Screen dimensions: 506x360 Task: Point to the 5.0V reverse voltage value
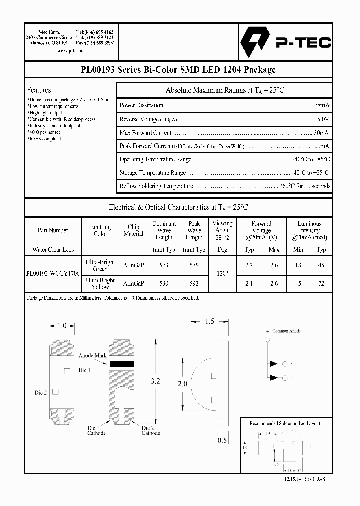(x=323, y=119)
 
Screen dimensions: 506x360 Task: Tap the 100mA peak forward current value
(x=320, y=146)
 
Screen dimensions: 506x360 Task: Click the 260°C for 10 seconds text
(x=305, y=186)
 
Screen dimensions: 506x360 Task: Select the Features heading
(x=39, y=90)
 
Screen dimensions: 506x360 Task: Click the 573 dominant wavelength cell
(x=164, y=265)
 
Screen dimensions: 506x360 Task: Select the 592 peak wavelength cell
(x=194, y=283)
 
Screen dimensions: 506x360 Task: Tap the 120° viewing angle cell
(x=222, y=274)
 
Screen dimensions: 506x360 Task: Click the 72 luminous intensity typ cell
(x=321, y=283)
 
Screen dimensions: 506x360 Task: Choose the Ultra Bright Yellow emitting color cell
(x=100, y=283)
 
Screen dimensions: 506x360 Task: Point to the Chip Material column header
(x=133, y=230)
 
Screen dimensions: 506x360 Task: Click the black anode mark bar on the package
(x=123, y=364)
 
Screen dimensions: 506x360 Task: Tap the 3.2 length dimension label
(x=155, y=381)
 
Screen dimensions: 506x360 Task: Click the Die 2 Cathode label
(x=151, y=430)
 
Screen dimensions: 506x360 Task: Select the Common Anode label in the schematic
(x=287, y=331)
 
